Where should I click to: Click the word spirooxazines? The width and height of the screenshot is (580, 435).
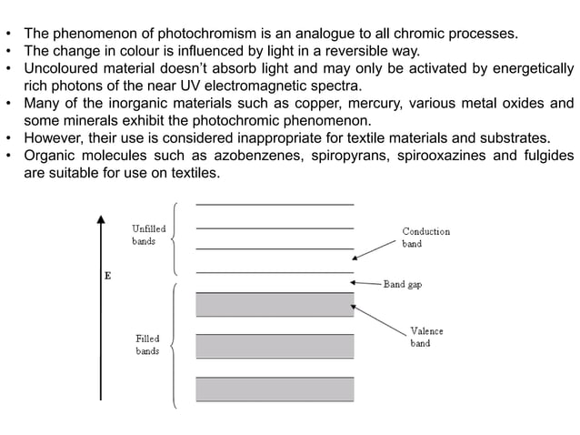tap(441, 156)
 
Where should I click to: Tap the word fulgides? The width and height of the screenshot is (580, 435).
tap(549, 156)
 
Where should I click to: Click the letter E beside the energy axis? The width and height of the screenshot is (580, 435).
tap(108, 276)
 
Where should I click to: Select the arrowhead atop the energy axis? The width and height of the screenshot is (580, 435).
tap(101, 219)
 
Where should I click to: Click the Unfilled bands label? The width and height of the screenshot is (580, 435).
tap(149, 235)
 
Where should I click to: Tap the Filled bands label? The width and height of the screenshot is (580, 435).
tap(147, 345)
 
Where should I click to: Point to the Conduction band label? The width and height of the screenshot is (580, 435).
tap(426, 238)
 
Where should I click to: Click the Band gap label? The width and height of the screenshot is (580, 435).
tap(403, 284)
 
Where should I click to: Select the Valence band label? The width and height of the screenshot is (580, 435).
tap(427, 337)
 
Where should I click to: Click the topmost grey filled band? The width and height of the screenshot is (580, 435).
tap(275, 305)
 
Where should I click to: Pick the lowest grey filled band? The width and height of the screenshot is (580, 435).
tap(275, 389)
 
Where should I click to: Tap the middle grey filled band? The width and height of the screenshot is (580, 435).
tap(275, 346)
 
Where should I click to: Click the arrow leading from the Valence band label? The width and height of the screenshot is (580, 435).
tap(378, 320)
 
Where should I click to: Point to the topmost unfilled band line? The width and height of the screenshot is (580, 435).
tap(275, 205)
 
